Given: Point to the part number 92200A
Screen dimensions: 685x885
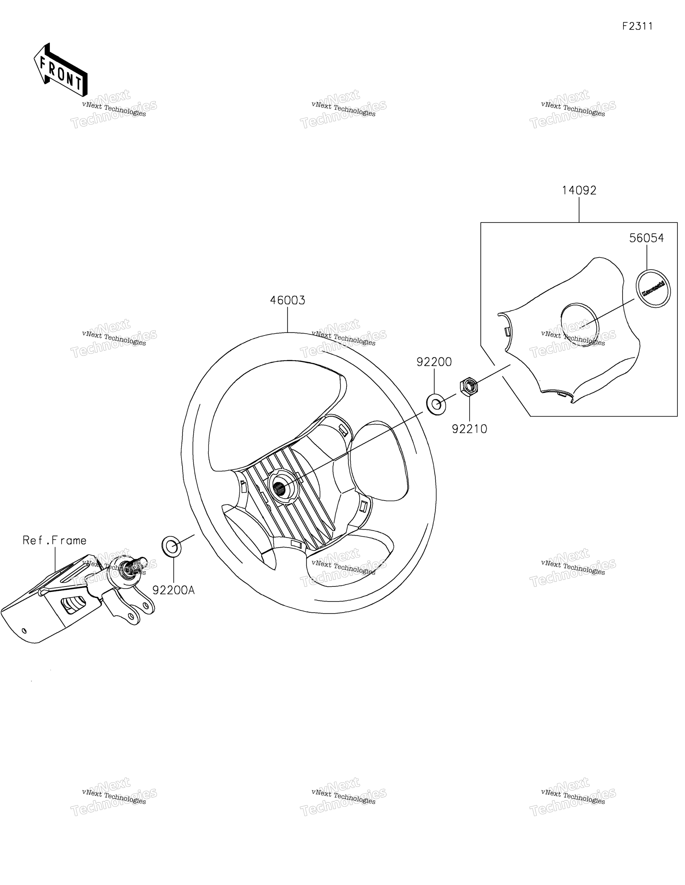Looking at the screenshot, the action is (x=173, y=590).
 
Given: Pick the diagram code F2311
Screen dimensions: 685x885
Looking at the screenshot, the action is (x=638, y=26).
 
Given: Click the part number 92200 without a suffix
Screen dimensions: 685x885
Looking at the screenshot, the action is (x=434, y=362).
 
